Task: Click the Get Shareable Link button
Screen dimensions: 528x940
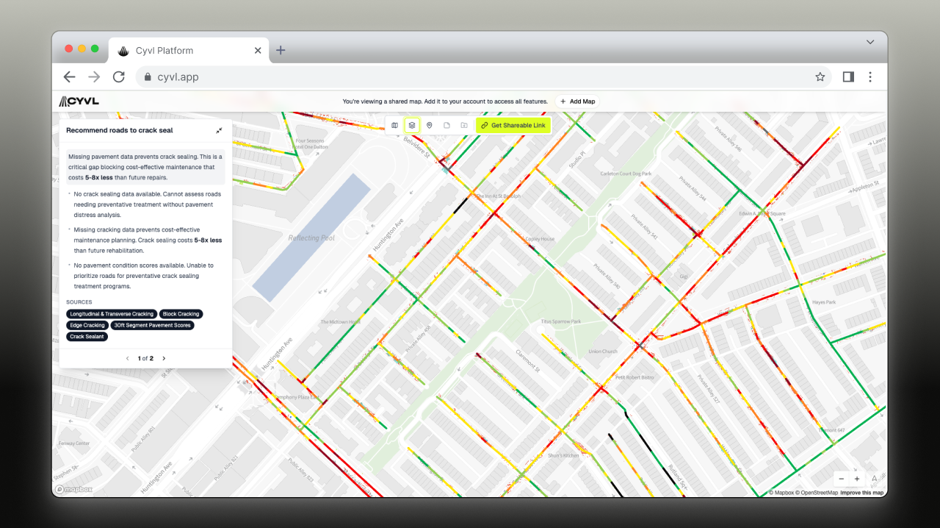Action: [x=513, y=126]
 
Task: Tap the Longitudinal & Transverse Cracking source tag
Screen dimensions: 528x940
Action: [x=112, y=314]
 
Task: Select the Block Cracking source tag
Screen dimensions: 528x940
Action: [x=181, y=314]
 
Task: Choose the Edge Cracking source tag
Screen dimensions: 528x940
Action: [x=87, y=325]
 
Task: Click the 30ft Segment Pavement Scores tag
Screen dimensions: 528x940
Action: [x=152, y=325]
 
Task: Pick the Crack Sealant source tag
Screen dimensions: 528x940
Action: [x=87, y=337]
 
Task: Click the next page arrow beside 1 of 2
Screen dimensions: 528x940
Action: [x=164, y=358]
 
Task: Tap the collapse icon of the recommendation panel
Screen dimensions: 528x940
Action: [x=219, y=130]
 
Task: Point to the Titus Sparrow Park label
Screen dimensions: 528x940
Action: [x=560, y=321]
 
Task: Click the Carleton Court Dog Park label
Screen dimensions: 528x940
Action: [x=626, y=174]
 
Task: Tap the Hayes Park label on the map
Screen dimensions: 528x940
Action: [x=825, y=302]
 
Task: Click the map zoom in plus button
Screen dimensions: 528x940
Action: [x=857, y=479]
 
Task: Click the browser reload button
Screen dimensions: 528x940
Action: [x=118, y=76]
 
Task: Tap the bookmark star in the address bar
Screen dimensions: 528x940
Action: [x=820, y=76]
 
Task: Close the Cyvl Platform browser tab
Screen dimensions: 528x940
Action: [x=258, y=51]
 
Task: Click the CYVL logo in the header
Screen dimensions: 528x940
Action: [x=79, y=101]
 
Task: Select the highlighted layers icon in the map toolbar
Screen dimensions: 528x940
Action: [x=412, y=126]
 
